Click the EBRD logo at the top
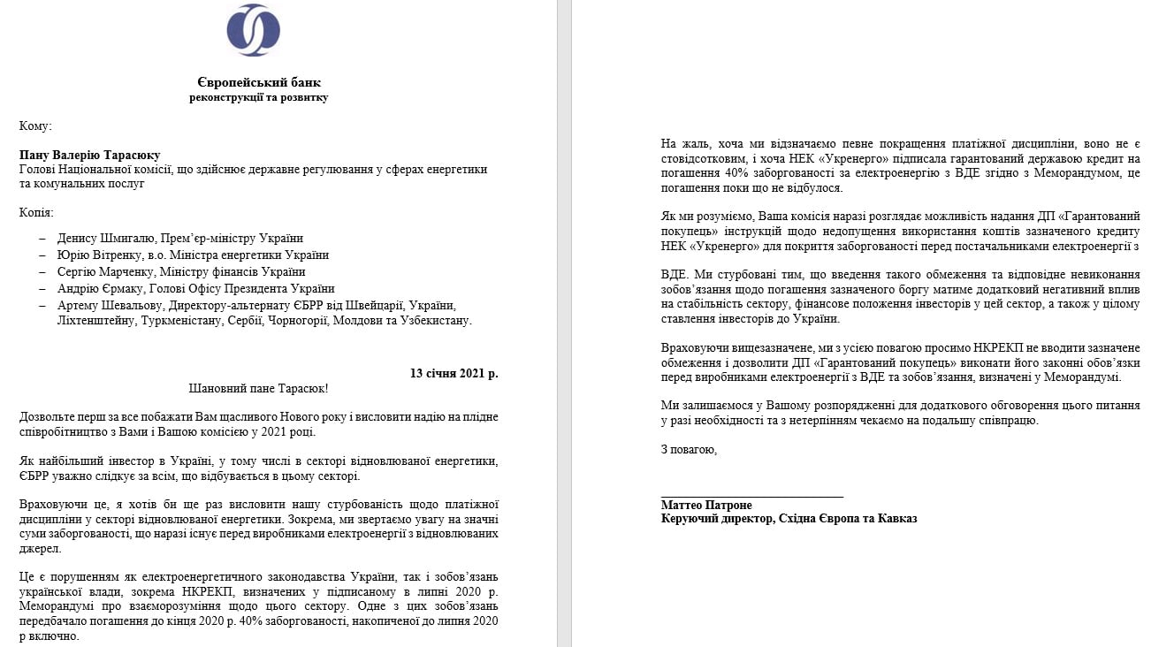[x=254, y=30]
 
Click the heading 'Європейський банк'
[x=258, y=81]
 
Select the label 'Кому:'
[x=35, y=126]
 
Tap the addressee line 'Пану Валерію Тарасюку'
[x=89, y=155]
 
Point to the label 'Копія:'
[x=36, y=213]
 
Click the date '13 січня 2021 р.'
[x=454, y=373]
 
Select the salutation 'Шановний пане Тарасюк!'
[x=258, y=389]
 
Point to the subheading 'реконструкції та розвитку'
[x=258, y=97]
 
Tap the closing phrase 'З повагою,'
[x=689, y=450]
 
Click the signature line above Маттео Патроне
[x=751, y=497]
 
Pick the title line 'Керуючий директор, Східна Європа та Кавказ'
[x=789, y=519]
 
